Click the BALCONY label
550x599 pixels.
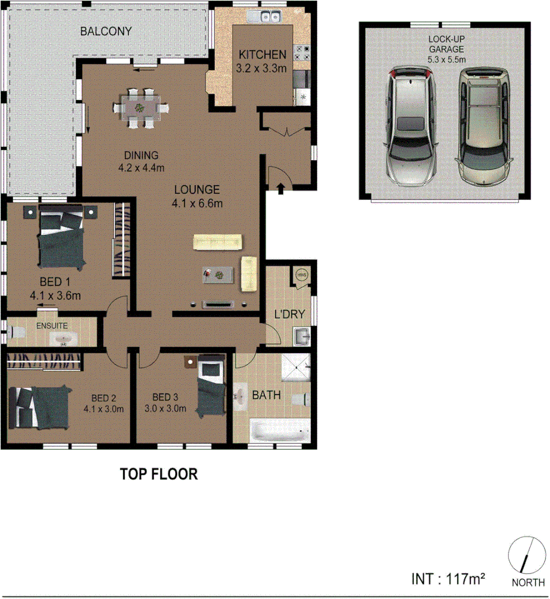105,31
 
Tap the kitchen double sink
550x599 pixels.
267,17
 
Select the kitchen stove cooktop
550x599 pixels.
303,53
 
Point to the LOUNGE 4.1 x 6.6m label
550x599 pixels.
197,196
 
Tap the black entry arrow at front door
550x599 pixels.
281,189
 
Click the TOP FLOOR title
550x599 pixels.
159,474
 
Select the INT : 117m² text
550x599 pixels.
448,580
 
